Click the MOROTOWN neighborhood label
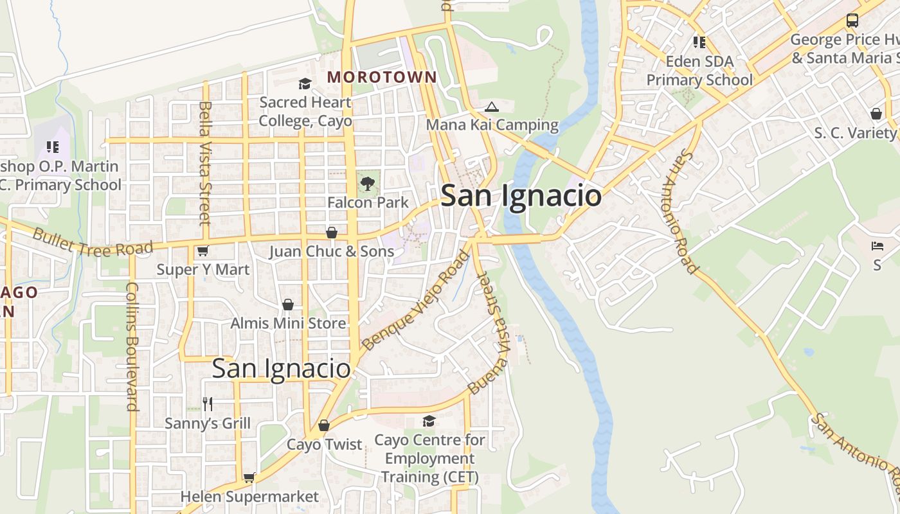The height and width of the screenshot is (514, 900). click(x=382, y=77)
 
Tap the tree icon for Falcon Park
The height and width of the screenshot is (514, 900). click(x=367, y=184)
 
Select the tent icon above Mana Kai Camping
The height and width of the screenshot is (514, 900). click(x=492, y=107)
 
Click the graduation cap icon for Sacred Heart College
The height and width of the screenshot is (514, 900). click(x=305, y=84)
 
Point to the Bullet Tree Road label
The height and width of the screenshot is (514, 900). click(x=93, y=242)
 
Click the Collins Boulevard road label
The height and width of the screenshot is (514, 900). click(x=132, y=346)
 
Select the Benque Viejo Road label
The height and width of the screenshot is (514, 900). click(x=416, y=300)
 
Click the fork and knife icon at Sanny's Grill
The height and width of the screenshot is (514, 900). click(x=208, y=403)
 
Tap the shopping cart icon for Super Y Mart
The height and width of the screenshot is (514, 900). click(x=203, y=251)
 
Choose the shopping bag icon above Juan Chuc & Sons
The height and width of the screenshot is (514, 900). click(x=332, y=233)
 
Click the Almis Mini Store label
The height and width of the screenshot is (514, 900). click(x=288, y=323)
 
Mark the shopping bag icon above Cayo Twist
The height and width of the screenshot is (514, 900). click(x=324, y=425)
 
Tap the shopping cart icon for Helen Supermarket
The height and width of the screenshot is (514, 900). click(x=249, y=478)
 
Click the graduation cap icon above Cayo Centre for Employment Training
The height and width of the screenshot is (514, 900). click(x=429, y=421)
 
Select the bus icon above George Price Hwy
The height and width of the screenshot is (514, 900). click(x=852, y=21)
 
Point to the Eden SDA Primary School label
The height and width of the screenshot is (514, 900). click(x=699, y=71)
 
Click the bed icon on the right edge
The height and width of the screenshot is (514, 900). click(x=877, y=246)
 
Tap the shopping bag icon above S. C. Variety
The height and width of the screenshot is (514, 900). click(x=876, y=114)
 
